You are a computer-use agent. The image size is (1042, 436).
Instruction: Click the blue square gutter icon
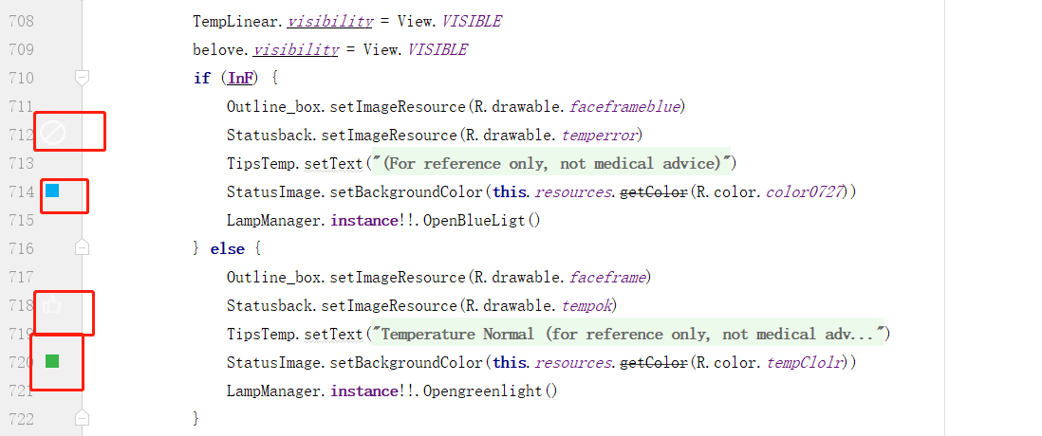[x=52, y=191]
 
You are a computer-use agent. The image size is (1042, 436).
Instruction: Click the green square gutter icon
[x=52, y=361]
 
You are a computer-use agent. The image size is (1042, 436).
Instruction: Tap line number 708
[x=21, y=21]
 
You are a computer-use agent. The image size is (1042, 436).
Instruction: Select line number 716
[x=21, y=248]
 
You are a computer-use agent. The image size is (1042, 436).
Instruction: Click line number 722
[x=21, y=418]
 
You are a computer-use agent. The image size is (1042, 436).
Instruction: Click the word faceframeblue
[x=624, y=106]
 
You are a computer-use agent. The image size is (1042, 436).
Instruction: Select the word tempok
[x=588, y=305]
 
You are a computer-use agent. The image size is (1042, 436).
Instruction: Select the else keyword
[x=229, y=248]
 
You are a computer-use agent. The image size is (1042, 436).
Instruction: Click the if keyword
[x=201, y=78]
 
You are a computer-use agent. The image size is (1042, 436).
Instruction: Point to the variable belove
[x=218, y=49]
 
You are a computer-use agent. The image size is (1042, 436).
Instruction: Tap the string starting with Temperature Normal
[x=626, y=334]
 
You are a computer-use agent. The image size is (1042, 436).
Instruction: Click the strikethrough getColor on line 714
[x=653, y=191]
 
